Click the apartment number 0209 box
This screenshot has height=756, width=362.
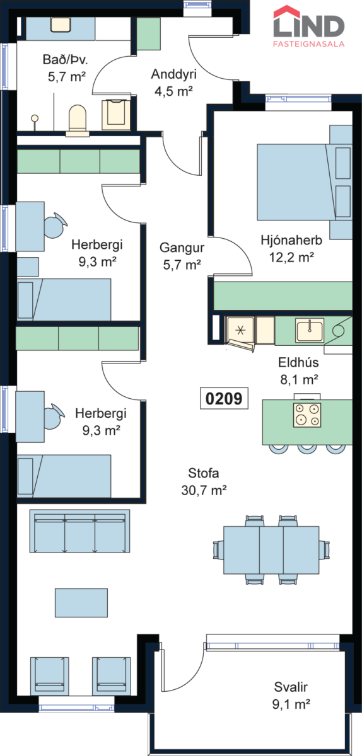tap(224, 398)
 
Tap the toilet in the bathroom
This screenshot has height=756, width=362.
tap(78, 120)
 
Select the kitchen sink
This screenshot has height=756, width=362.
tap(309, 330)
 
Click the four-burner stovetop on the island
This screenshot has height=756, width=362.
tap(307, 415)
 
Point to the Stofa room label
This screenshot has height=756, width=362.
tap(204, 473)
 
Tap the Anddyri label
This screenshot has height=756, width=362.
tap(173, 74)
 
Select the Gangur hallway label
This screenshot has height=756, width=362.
tap(182, 248)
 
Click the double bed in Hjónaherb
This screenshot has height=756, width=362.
tap(305, 182)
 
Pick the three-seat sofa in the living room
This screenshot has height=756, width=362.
tap(79, 531)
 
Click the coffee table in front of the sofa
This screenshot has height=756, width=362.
tap(81, 603)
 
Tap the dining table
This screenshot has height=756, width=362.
tap(271, 550)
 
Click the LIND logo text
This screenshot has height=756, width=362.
tap(309, 26)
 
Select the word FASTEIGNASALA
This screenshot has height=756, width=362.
tap(309, 44)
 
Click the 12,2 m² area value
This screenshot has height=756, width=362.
tap(291, 258)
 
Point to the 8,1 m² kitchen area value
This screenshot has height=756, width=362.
tap(299, 380)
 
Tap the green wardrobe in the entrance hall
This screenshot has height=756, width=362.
tap(148, 34)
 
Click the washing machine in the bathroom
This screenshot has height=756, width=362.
tap(116, 115)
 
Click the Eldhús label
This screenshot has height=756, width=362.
tap(298, 362)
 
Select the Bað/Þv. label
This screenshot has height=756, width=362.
tap(65, 60)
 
